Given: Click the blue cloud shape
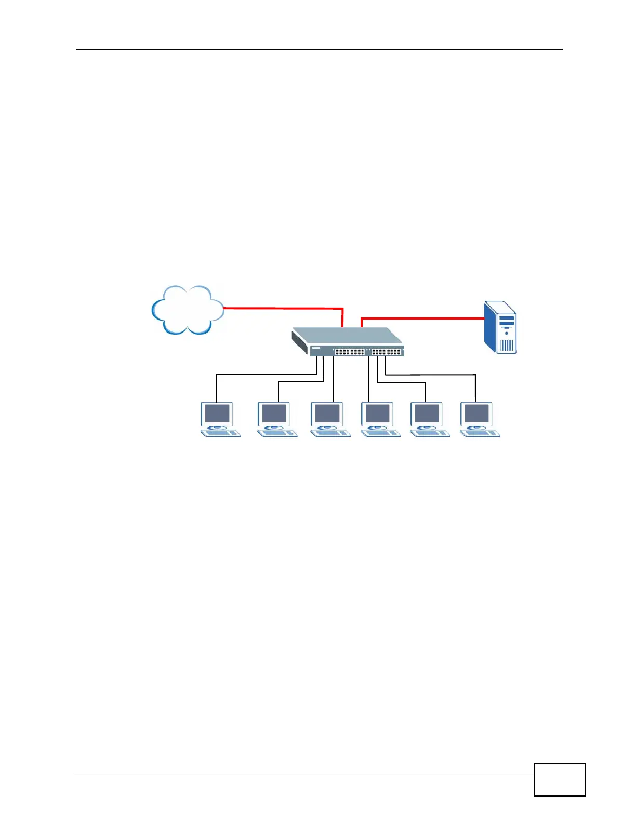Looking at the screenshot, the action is (x=187, y=310).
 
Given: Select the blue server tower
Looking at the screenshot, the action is (x=500, y=327).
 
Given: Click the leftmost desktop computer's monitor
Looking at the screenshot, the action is (x=217, y=414).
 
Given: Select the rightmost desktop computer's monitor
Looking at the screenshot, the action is (x=476, y=414).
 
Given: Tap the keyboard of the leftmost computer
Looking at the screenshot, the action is (x=221, y=433).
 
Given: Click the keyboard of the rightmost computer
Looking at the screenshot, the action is (x=481, y=433).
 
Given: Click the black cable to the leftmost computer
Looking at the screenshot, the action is (x=260, y=375).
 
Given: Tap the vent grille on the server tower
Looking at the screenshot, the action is (x=507, y=345).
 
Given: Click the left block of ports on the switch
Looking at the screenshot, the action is (x=349, y=352).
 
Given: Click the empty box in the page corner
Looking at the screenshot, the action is (x=560, y=779).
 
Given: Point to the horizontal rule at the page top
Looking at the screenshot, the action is (x=319, y=50).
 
